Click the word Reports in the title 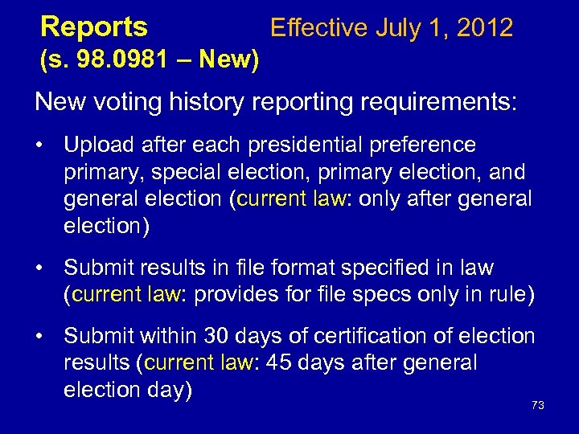(94, 28)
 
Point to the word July (398, 28)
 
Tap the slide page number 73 (538, 405)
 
